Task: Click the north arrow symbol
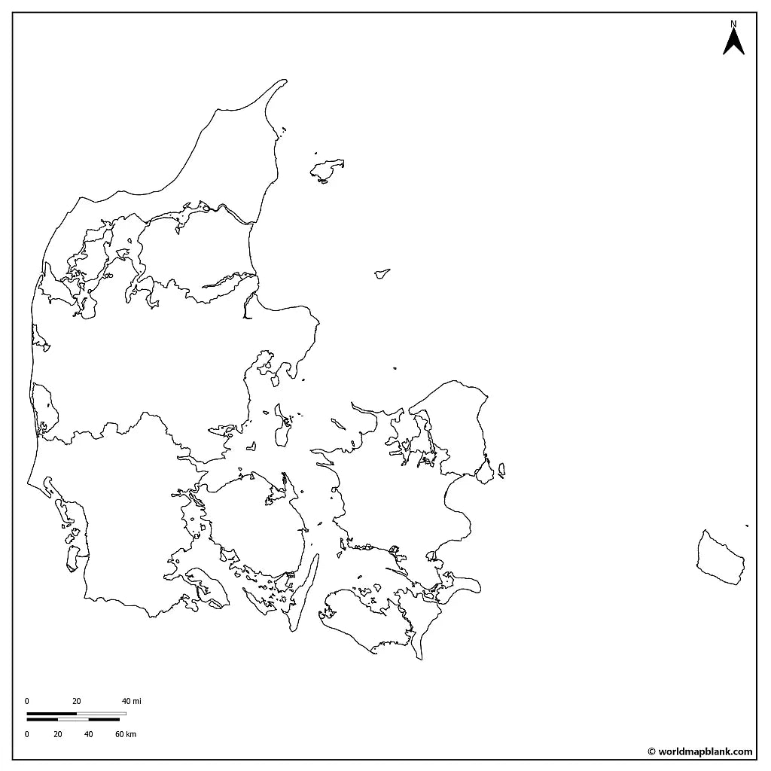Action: click(x=733, y=42)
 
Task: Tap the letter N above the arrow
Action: click(x=733, y=24)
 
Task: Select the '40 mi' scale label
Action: click(x=132, y=701)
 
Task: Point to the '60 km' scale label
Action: click(x=126, y=734)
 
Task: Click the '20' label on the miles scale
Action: click(x=77, y=701)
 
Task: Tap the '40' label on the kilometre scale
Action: click(x=88, y=734)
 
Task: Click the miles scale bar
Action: click(x=76, y=713)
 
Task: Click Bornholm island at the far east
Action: click(x=720, y=558)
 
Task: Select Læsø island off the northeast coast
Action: click(x=328, y=169)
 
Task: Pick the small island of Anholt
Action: click(x=382, y=274)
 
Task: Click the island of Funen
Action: click(x=256, y=527)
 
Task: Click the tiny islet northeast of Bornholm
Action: click(x=747, y=526)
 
